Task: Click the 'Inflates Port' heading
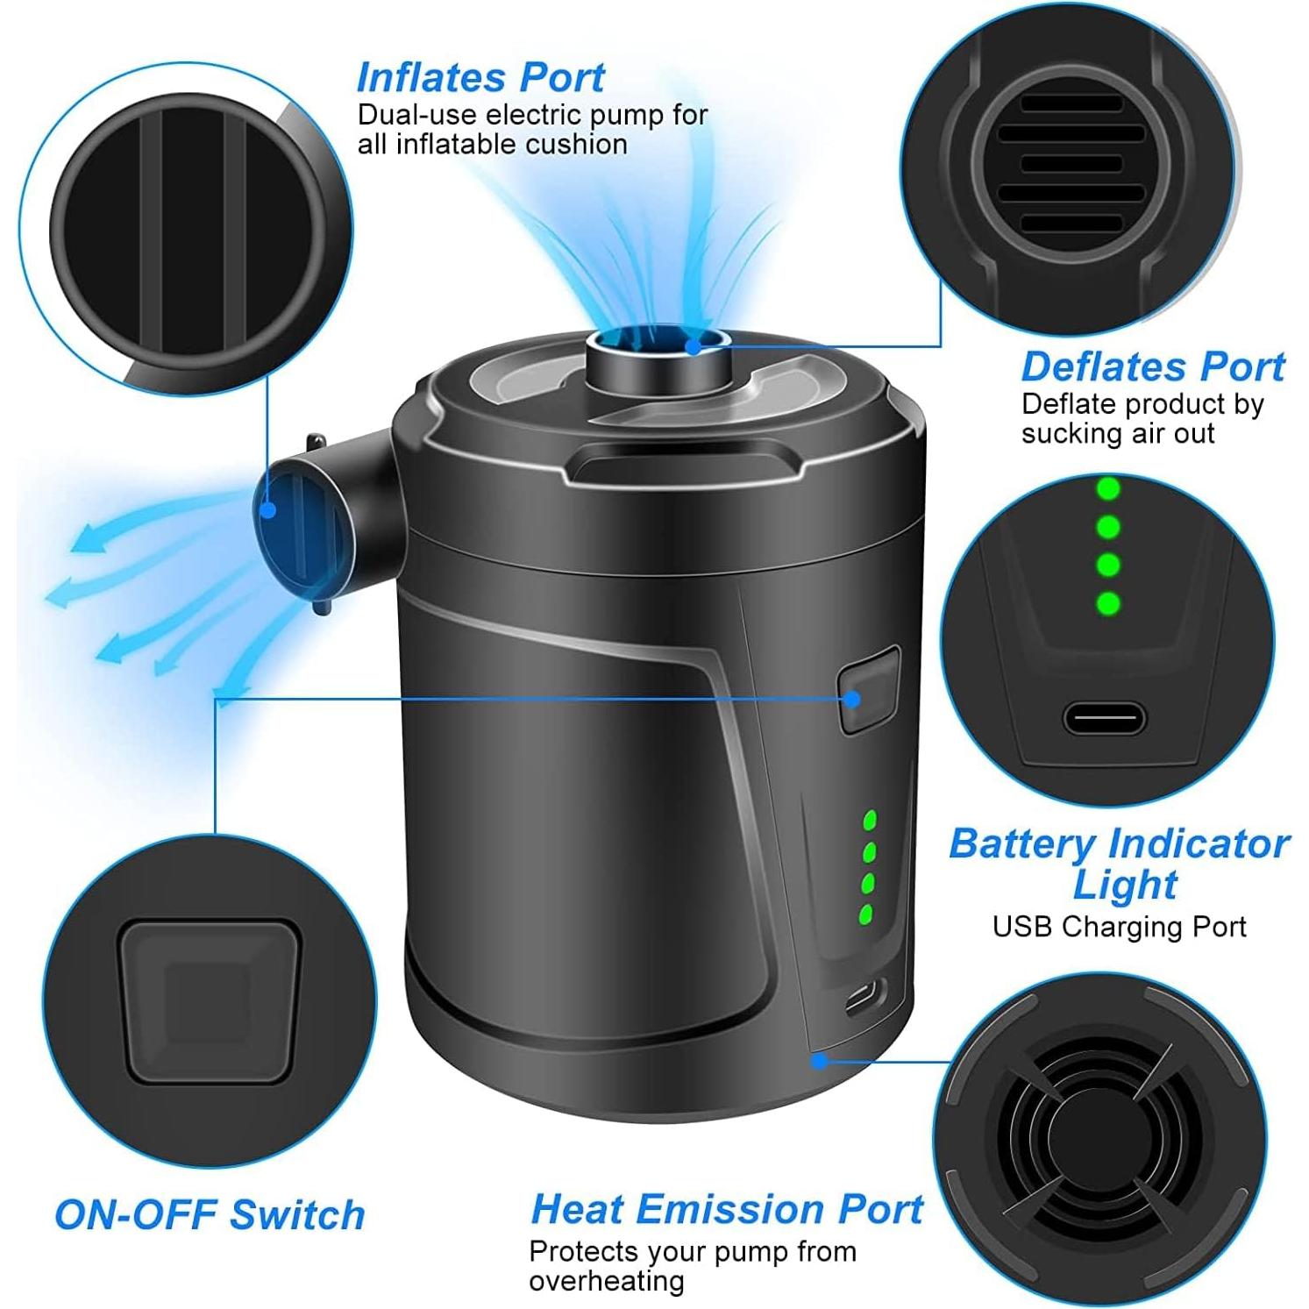(x=480, y=77)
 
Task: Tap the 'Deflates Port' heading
(x=1152, y=366)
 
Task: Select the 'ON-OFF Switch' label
(x=210, y=1215)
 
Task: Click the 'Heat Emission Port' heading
(x=726, y=1209)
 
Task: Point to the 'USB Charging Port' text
(x=1119, y=927)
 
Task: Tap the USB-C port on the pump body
(x=864, y=999)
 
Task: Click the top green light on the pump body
(x=870, y=821)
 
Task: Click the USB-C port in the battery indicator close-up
(x=1104, y=721)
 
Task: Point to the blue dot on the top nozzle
(x=693, y=345)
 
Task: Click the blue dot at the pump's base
(x=819, y=1061)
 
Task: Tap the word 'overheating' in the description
(x=606, y=1281)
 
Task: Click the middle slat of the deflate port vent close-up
(x=1071, y=163)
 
